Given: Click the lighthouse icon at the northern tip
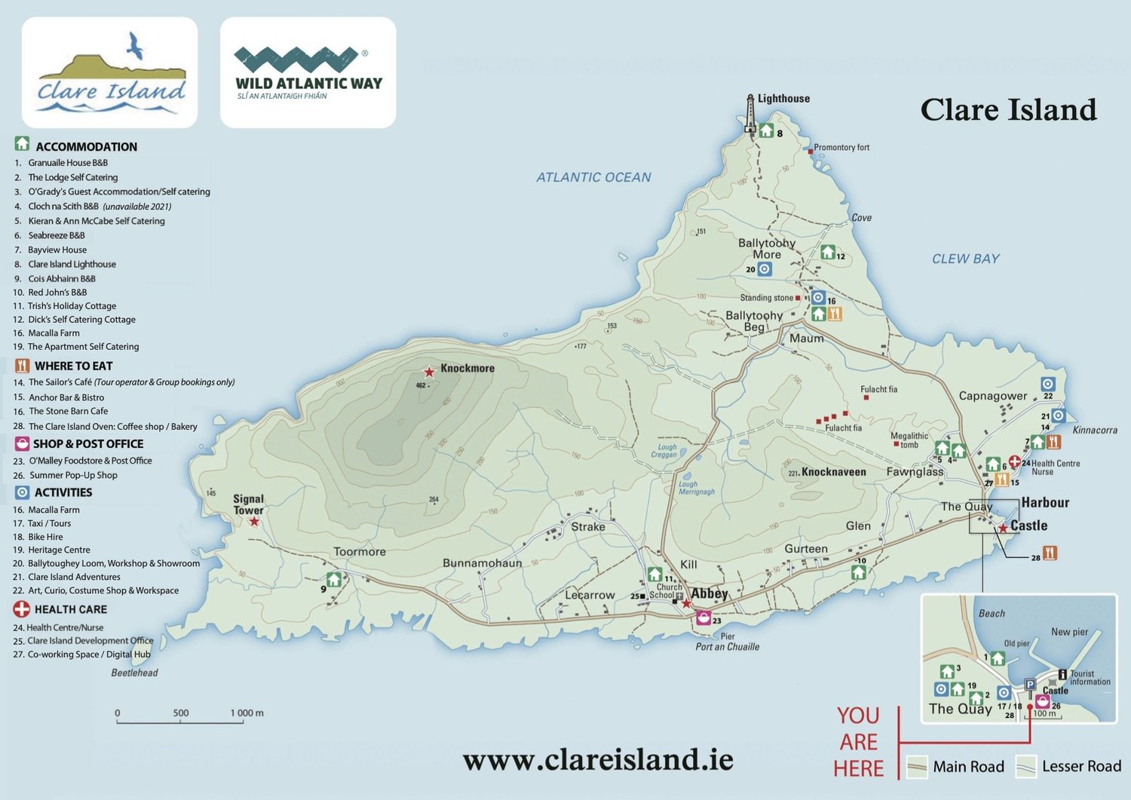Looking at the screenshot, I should [x=750, y=115].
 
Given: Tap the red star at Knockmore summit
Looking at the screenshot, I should [x=429, y=372].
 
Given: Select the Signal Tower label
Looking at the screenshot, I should [x=248, y=504].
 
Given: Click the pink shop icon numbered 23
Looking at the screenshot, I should [x=703, y=618].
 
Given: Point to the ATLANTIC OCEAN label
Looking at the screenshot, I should [x=593, y=177].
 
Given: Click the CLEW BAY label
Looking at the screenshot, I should [x=965, y=259].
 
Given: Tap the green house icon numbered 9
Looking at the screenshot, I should [x=334, y=579].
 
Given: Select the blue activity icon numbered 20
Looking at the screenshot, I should [x=765, y=269].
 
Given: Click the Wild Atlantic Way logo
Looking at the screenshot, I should [x=308, y=72].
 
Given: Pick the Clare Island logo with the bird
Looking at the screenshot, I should [x=110, y=72].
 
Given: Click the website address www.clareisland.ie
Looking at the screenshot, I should [x=598, y=760].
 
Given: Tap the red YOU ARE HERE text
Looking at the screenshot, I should [x=858, y=742].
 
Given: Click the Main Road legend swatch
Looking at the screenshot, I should [x=917, y=767].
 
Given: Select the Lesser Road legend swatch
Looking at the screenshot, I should [x=1026, y=767].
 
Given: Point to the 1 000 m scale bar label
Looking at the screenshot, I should [x=247, y=713].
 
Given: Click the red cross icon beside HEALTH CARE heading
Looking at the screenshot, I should [x=22, y=609].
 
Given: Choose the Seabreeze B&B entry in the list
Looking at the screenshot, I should [x=57, y=235].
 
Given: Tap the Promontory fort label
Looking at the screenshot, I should [x=841, y=148].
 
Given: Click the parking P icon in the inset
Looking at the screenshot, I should [x=1029, y=685].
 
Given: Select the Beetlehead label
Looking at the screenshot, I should [x=135, y=673].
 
